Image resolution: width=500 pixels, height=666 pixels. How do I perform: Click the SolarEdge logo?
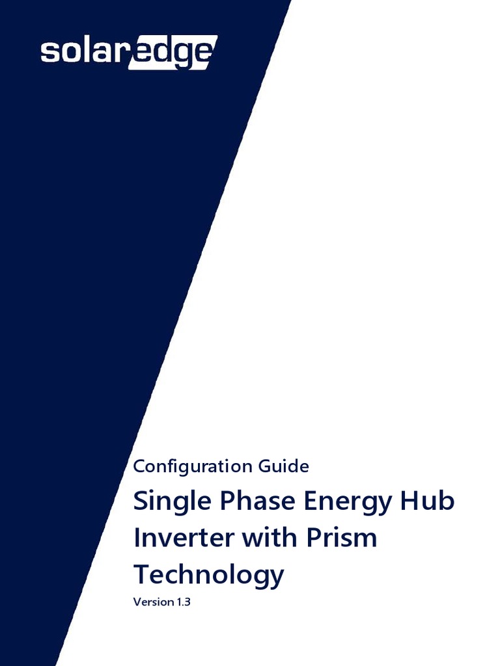128,51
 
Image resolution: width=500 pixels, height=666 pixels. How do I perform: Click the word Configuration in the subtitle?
184,466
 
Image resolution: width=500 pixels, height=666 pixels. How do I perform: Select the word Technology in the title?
208,575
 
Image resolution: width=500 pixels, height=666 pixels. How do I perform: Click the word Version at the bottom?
152,602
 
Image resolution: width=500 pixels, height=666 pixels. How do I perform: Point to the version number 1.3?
182,602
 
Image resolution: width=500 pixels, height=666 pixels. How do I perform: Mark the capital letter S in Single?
141,502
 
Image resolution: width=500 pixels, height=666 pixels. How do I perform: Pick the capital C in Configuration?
138,466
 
